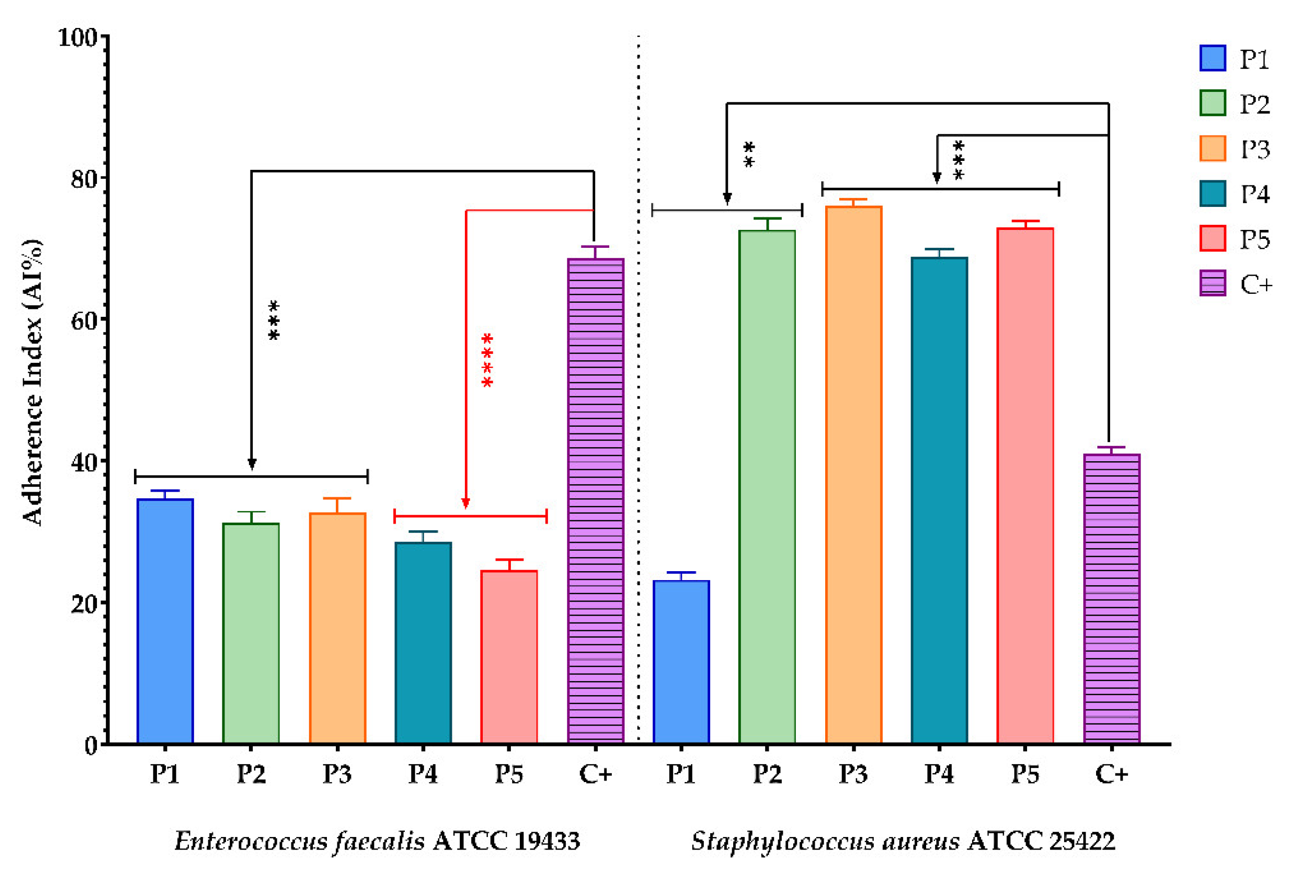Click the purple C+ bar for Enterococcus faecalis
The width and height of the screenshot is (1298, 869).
pyautogui.click(x=596, y=501)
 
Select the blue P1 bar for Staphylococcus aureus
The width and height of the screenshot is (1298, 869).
pyautogui.click(x=681, y=662)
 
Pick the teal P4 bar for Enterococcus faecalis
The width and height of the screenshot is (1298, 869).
pyautogui.click(x=423, y=643)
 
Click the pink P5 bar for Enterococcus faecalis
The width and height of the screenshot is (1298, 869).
pyautogui.click(x=509, y=657)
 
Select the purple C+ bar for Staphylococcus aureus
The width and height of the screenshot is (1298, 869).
pyautogui.click(x=1112, y=599)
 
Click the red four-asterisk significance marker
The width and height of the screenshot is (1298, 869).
pyautogui.click(x=487, y=360)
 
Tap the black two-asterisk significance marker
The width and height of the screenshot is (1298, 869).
pyautogui.click(x=749, y=155)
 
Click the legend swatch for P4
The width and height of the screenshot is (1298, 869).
pyautogui.click(x=1213, y=193)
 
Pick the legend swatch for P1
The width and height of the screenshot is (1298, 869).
pyautogui.click(x=1213, y=58)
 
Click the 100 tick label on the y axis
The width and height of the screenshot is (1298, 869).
pyautogui.click(x=77, y=37)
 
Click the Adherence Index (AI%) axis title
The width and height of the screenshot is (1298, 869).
pyautogui.click(x=32, y=382)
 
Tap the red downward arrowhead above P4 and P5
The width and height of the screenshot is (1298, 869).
pyautogui.click(x=465, y=503)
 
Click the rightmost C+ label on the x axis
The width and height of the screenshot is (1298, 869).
pyautogui.click(x=1112, y=774)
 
